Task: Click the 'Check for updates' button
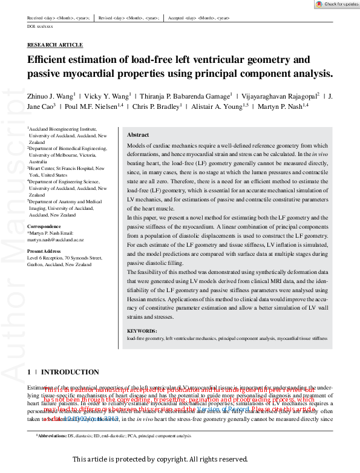tap(336, 4)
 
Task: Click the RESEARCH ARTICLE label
tap(55, 45)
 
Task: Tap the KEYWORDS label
tap(142, 331)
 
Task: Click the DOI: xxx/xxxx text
tap(40, 27)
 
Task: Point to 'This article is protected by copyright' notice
tap(160, 460)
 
